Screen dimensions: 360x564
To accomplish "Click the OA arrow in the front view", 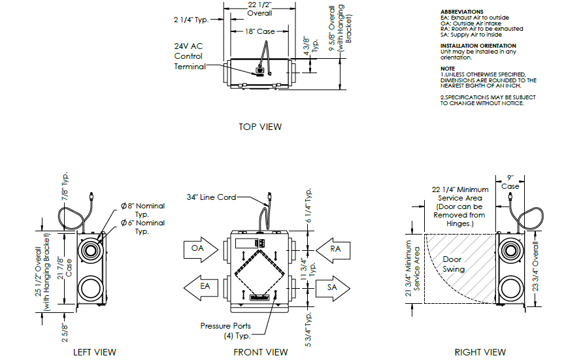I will pos(198,249).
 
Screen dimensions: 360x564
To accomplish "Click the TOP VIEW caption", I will pos(260,127).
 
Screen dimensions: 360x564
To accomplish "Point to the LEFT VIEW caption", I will pos(95,352).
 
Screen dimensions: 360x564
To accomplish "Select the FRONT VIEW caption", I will pos(260,352).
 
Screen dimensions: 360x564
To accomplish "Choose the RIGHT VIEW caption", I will pos(480,352).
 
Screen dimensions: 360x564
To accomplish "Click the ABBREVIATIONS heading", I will pos(462,12).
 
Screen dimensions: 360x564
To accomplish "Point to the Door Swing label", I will pos(454,264).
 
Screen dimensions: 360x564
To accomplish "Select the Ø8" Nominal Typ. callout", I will pos(142,210).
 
